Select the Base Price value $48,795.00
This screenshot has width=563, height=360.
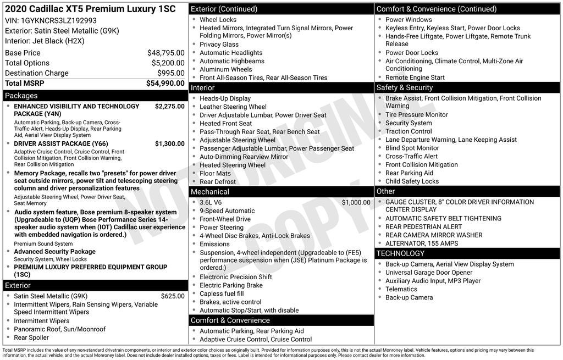point(165,53)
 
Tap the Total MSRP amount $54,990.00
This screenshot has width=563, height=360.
point(165,83)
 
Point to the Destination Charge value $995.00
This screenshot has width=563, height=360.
point(171,73)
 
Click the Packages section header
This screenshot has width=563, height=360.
point(21,96)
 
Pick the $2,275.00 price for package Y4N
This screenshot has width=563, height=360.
point(169,106)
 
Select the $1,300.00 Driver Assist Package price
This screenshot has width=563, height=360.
point(169,143)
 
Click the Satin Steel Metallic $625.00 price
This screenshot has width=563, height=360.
point(173,296)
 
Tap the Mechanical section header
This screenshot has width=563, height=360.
point(209,192)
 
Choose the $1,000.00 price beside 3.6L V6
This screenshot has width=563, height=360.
point(356,202)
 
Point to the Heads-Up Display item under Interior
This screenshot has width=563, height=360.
point(225,98)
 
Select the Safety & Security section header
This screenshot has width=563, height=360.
point(404,87)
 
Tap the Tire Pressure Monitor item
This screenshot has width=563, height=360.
point(416,115)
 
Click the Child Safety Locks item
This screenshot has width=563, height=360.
point(412,181)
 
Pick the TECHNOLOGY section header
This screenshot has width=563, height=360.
point(400,253)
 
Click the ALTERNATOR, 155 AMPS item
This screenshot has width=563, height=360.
point(421,243)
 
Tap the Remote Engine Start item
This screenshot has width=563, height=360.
point(415,77)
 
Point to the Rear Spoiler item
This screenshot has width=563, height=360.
point(31,337)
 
